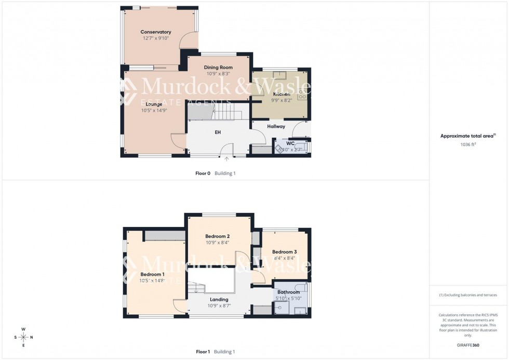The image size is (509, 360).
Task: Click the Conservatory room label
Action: pyautogui.click(x=156, y=32)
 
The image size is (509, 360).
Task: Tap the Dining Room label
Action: pyautogui.click(x=218, y=68)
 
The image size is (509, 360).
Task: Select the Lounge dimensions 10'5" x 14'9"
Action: pyautogui.click(x=154, y=110)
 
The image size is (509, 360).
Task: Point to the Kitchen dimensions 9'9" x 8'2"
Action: pyautogui.click(x=282, y=100)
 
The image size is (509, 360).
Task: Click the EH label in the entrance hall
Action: pyautogui.click(x=218, y=132)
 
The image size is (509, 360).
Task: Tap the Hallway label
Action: pyautogui.click(x=276, y=126)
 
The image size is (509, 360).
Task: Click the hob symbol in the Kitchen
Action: pyautogui.click(x=302, y=94)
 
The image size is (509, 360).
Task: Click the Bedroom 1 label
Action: pyautogui.click(x=152, y=274)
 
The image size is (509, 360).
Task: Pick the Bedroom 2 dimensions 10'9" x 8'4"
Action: pyautogui.click(x=217, y=243)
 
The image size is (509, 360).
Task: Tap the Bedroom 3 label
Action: pyautogui.click(x=284, y=252)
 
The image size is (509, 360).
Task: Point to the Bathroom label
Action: pyautogui.click(x=288, y=292)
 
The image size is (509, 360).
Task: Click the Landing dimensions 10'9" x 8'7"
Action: pyautogui.click(x=219, y=306)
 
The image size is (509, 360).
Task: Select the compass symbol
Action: pyautogui.click(x=24, y=337)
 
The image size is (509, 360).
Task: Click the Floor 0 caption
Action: pyautogui.click(x=203, y=174)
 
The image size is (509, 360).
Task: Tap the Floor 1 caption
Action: pyautogui.click(x=203, y=352)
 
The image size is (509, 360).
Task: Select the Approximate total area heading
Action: pyautogui.click(x=468, y=136)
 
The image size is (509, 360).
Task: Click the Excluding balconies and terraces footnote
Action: pyautogui.click(x=468, y=295)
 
